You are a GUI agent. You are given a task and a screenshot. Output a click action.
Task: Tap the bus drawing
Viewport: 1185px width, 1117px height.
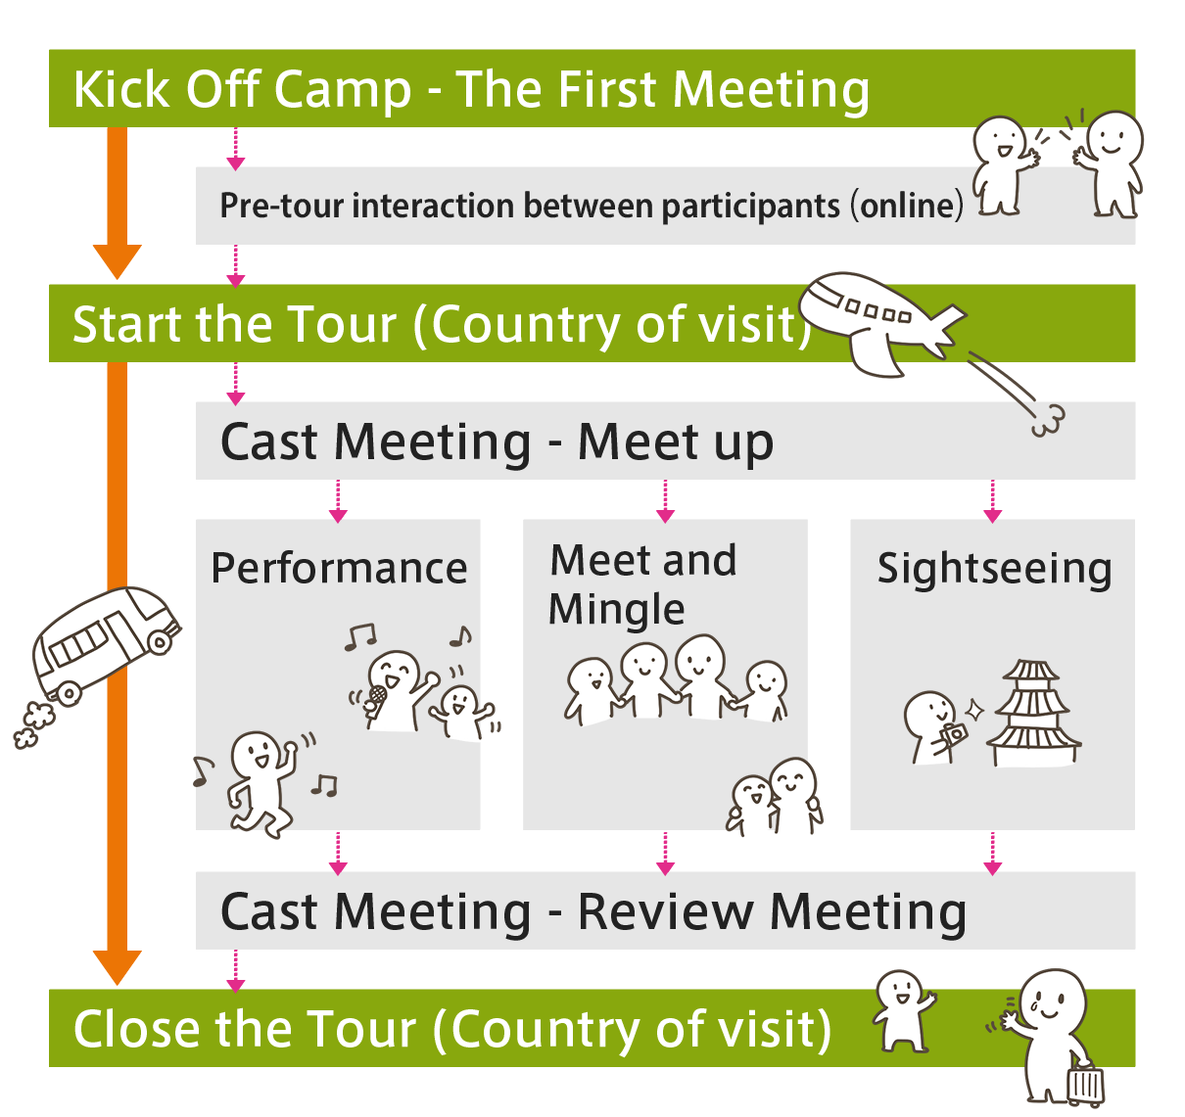coord(103,641)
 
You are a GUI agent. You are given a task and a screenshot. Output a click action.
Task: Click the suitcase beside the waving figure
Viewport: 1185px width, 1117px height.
coord(1085,1084)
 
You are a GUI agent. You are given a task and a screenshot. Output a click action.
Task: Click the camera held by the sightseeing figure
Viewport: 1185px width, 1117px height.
coord(953,734)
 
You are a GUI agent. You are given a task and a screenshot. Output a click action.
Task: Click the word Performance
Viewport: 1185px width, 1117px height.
coord(339,569)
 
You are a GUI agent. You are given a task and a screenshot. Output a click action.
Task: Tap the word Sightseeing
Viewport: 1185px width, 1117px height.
coord(994,569)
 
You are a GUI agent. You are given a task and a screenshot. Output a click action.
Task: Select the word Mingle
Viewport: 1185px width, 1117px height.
coord(616,609)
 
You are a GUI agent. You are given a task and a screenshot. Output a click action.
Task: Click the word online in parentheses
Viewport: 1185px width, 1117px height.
coord(907,207)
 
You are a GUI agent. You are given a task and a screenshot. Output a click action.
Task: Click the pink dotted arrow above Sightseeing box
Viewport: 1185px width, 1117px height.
coord(992,501)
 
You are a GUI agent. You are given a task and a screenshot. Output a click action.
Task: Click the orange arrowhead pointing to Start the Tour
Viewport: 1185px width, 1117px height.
coord(118,261)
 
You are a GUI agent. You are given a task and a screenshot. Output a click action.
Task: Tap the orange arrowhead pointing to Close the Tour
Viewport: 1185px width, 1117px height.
coord(118,966)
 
